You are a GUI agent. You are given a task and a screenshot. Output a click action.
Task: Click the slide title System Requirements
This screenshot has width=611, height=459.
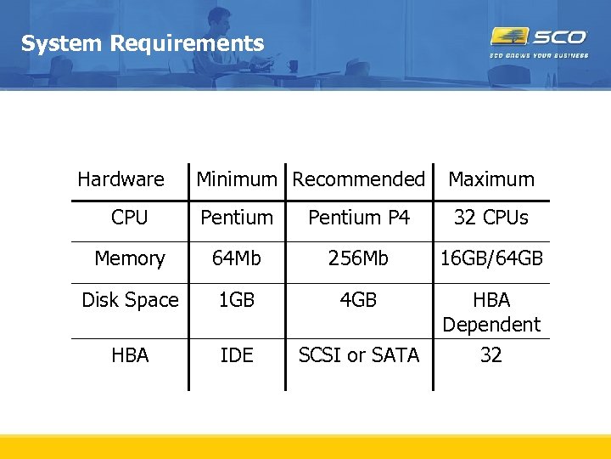click(143, 43)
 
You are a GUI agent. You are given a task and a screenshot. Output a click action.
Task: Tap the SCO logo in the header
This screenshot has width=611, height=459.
click(539, 37)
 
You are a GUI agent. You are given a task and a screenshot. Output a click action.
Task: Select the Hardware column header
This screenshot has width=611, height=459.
click(121, 179)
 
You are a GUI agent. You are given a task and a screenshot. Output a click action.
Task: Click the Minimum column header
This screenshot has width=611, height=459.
click(237, 179)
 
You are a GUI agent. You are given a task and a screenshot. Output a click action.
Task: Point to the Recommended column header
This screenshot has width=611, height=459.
click(358, 179)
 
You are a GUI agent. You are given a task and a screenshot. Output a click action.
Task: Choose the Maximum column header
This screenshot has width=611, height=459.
click(491, 179)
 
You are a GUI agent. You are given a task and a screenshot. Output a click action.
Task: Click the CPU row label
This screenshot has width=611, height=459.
click(129, 218)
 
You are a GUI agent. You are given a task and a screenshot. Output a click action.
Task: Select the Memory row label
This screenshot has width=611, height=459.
click(129, 258)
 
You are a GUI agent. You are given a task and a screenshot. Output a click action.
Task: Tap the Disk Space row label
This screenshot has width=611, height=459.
click(130, 300)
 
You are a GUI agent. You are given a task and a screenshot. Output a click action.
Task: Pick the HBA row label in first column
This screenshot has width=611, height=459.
click(130, 355)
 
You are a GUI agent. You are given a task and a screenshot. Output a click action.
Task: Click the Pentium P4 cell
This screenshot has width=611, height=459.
click(359, 218)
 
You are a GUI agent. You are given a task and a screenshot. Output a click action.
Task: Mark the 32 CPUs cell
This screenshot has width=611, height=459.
click(491, 218)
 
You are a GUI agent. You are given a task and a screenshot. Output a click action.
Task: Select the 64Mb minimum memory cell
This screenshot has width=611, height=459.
click(237, 258)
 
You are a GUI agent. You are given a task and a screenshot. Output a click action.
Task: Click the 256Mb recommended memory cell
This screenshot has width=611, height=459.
click(359, 258)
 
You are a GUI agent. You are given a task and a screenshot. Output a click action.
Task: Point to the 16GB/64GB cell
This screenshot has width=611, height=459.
click(491, 258)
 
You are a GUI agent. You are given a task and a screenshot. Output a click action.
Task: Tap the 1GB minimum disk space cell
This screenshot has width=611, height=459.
click(237, 300)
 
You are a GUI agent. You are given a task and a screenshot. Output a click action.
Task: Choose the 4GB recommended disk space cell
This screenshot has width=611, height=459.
click(359, 300)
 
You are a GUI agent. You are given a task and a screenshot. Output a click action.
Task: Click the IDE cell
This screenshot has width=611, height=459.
click(237, 355)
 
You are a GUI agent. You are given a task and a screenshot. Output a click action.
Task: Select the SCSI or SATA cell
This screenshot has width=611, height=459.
click(359, 355)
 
